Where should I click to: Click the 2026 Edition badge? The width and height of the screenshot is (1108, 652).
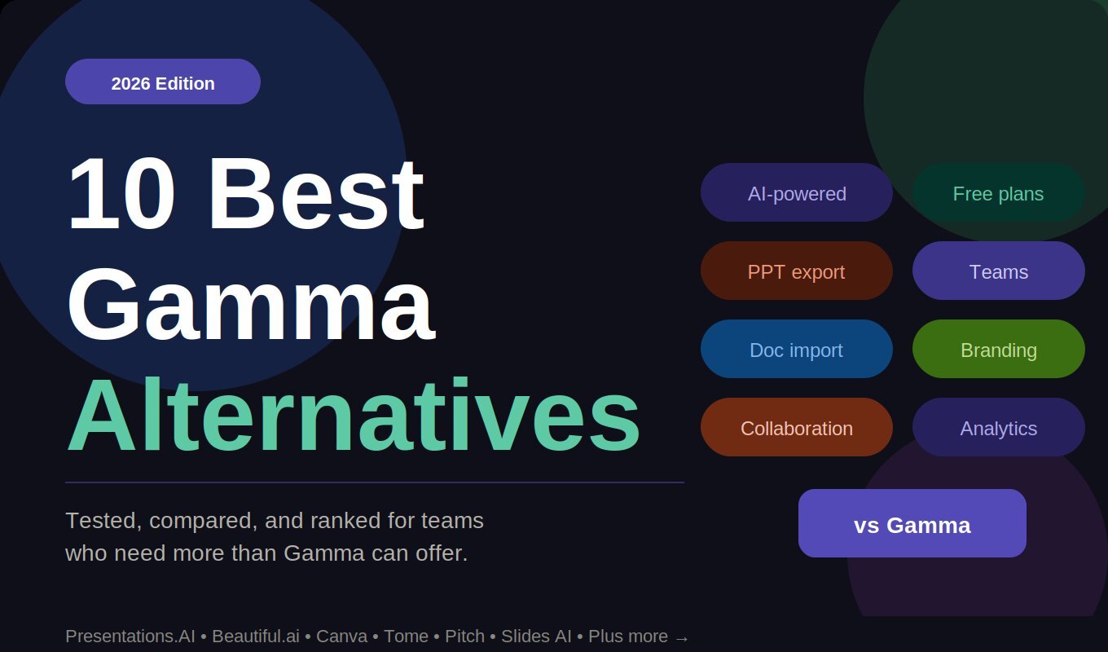pyautogui.click(x=163, y=81)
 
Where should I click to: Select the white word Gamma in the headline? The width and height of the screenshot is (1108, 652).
pyautogui.click(x=250, y=303)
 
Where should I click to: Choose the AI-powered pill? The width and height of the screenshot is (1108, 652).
pyautogui.click(x=797, y=192)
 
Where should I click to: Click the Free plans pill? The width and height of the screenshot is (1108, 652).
pyautogui.click(x=998, y=192)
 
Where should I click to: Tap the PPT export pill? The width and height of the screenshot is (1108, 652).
pyautogui.click(x=797, y=271)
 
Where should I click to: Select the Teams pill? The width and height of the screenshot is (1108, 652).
pyautogui.click(x=998, y=271)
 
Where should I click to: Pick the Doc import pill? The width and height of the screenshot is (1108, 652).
pyautogui.click(x=797, y=349)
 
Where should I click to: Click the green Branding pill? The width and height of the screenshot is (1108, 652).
pyautogui.click(x=998, y=349)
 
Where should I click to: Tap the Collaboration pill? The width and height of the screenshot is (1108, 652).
pyautogui.click(x=797, y=427)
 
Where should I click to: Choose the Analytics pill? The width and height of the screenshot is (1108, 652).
pyautogui.click(x=998, y=427)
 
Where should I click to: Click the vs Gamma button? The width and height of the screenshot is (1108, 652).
pyautogui.click(x=912, y=523)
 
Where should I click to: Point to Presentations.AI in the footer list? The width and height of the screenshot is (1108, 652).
pyautogui.click(x=130, y=637)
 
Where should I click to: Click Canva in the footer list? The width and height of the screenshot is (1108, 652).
pyautogui.click(x=341, y=637)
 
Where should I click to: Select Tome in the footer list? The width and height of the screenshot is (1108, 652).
pyautogui.click(x=405, y=637)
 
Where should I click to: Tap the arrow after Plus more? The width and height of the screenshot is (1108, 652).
pyautogui.click(x=682, y=637)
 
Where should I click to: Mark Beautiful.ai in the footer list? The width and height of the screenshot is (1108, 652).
pyautogui.click(x=256, y=637)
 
